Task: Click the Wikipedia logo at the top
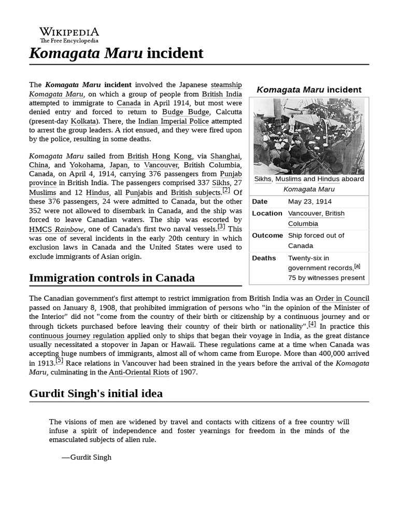pos(69,35)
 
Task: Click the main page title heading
pos(116,53)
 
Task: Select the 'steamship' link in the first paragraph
pos(226,84)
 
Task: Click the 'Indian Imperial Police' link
pos(173,121)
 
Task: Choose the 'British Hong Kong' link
pos(160,156)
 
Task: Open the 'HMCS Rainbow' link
pos(55,229)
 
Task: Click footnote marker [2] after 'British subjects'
pos(226,190)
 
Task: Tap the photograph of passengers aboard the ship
pos(308,136)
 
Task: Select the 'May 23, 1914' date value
pos(310,201)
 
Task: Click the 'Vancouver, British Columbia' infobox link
pos(316,218)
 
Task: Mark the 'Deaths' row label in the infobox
pos(264,258)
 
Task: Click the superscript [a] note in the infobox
pos(357,266)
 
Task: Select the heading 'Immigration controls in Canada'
pos(112,278)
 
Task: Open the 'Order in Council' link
pos(342,298)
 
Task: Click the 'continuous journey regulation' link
pos(77,335)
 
